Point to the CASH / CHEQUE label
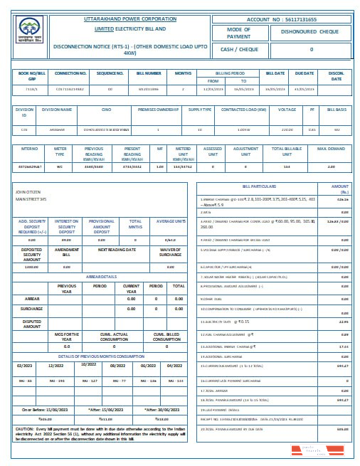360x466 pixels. tap(238, 49)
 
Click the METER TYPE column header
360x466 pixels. tap(60, 150)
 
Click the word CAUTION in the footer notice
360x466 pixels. tap(24, 429)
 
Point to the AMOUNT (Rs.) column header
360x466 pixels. tap(339, 188)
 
